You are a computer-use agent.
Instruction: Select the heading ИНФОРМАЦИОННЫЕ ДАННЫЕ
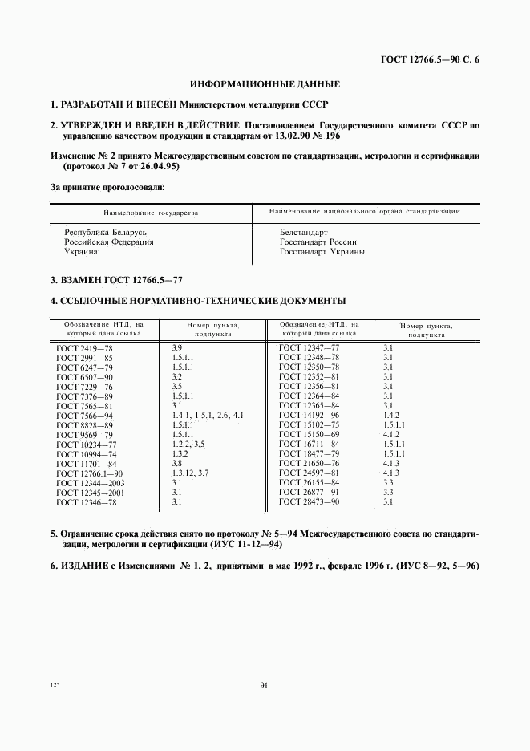coord(265,84)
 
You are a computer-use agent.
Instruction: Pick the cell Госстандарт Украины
coord(322,251)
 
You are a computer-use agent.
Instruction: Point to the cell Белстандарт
coord(302,231)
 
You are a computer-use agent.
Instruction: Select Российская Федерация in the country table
coord(109,242)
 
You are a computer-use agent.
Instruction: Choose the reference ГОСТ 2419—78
coord(85,346)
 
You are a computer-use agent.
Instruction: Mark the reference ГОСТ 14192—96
coord(309,415)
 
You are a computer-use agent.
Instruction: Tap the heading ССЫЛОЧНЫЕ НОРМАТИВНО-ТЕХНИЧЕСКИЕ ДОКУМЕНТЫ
coord(197,302)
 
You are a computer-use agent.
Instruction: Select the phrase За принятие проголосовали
coord(107,187)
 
